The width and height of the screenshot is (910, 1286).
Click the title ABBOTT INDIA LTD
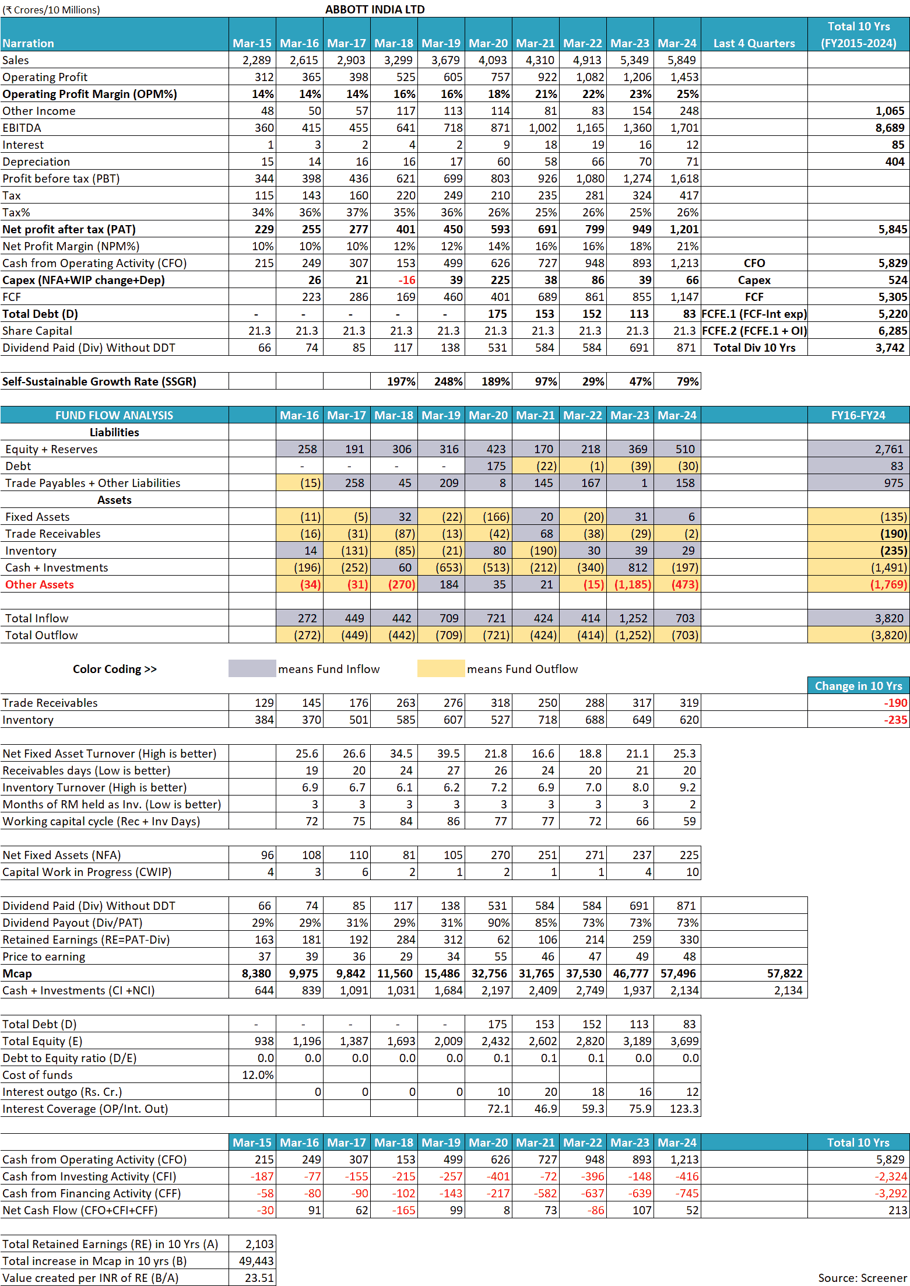click(375, 9)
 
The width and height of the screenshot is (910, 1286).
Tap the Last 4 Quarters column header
click(754, 43)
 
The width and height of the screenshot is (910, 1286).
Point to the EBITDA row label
click(22, 128)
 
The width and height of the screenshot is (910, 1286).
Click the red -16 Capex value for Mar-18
click(406, 280)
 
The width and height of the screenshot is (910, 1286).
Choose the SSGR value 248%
click(448, 381)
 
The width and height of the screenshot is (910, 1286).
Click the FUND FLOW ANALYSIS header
click(114, 415)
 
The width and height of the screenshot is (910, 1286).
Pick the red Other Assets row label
click(40, 584)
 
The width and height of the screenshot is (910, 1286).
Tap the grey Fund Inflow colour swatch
click(252, 668)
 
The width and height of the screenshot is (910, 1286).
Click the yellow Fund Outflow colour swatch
click(441, 668)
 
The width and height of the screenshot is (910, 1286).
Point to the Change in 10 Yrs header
click(858, 686)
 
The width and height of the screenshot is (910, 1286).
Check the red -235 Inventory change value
click(895, 720)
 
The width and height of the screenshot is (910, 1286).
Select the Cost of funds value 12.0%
click(258, 1075)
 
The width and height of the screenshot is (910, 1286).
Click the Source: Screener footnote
click(862, 1278)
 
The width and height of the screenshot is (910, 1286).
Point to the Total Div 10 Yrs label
click(754, 348)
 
